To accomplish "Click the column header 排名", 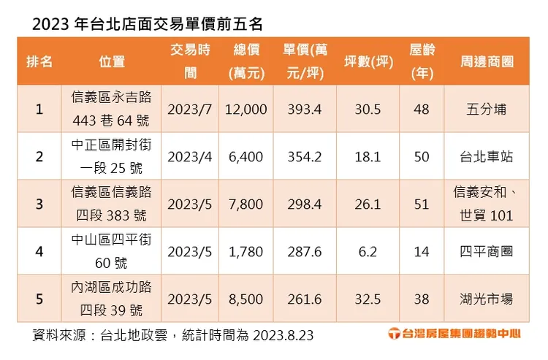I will tap(39, 61).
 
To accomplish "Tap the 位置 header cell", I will tap(111, 61).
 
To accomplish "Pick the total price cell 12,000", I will tap(246, 109).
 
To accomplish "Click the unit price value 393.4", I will tap(305, 109).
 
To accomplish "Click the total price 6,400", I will tap(246, 156).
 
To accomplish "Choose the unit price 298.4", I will tap(305, 204).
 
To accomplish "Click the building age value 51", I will tap(422, 204).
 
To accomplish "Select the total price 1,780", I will tap(246, 251).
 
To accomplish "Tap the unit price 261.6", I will tap(305, 299).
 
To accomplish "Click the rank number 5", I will tap(39, 299).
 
